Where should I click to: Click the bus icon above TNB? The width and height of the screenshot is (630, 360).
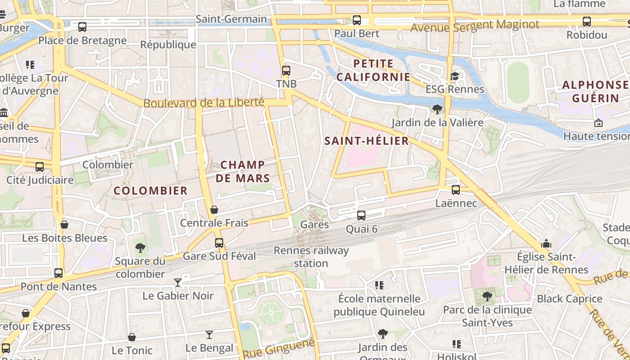point(286,71)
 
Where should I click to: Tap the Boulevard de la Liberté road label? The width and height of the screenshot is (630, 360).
point(203,103)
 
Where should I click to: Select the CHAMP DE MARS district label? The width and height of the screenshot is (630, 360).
point(243,171)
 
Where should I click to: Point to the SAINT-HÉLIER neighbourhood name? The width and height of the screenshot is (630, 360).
point(367,141)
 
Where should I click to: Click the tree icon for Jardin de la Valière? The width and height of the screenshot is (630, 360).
point(436,109)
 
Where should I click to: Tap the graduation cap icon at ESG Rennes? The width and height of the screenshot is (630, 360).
point(454,76)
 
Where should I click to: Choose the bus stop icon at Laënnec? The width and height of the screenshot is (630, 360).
point(456,190)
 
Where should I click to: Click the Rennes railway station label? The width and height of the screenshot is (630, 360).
point(311,257)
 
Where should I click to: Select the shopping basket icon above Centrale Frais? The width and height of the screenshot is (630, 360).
point(214,210)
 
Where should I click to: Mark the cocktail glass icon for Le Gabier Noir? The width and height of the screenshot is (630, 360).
point(178,282)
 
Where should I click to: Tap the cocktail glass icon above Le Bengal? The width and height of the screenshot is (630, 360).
point(209,334)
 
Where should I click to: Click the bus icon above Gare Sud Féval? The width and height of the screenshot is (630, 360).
point(219,243)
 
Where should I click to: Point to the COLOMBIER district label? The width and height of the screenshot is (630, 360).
point(150,191)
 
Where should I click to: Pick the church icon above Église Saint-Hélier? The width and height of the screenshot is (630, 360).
point(547,244)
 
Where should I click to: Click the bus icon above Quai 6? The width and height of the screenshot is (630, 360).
point(361,216)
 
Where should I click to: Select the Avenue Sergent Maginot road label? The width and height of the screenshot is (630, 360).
point(475,26)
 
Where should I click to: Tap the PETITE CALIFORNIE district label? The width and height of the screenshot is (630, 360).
point(373,70)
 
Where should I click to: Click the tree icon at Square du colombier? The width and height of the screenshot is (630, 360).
point(140,247)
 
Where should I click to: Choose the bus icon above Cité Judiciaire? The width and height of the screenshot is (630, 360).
point(40,167)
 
